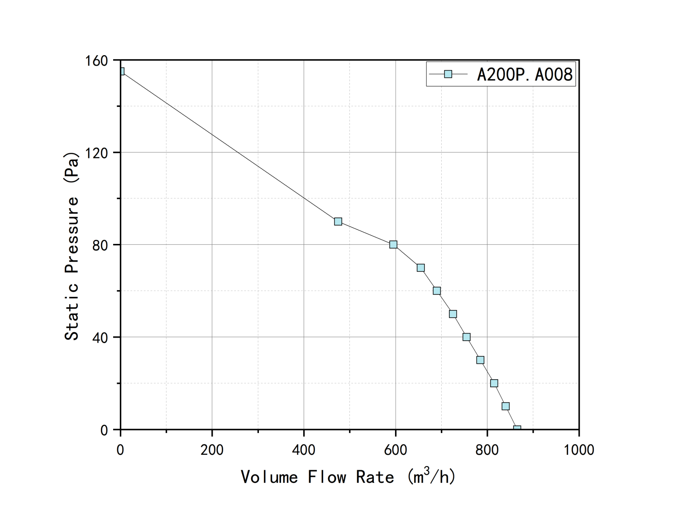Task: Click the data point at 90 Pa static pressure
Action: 338,221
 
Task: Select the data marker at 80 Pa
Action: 393,244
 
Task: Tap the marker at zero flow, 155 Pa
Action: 121,71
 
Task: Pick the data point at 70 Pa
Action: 421,268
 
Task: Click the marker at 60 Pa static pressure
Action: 437,291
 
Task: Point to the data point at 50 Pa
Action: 453,314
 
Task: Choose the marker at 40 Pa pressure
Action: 467,337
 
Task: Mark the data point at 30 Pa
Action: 481,360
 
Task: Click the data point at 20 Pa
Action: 494,383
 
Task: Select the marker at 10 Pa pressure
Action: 506,406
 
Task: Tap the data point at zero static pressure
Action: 517,428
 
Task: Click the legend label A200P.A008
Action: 525,74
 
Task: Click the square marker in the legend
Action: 448,74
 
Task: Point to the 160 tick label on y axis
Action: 97,61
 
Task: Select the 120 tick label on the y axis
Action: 97,153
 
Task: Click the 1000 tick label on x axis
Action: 579,450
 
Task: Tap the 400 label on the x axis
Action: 304,450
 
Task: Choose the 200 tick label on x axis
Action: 212,450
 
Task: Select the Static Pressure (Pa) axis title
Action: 72,246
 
